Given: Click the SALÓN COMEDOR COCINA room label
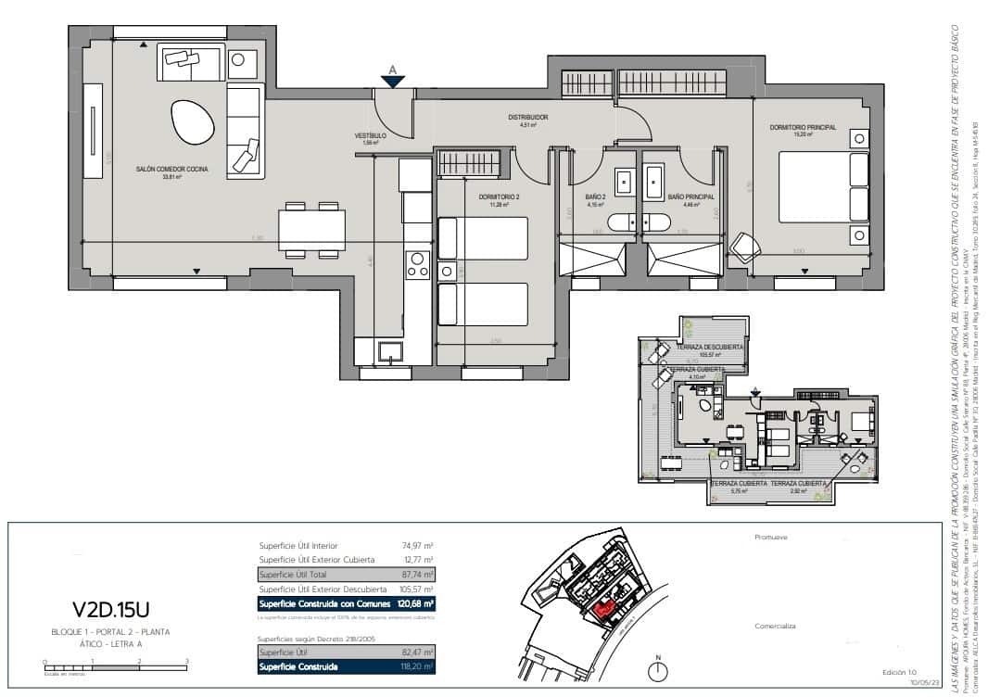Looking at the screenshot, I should click(172, 169).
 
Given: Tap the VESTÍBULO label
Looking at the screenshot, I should click(370, 136).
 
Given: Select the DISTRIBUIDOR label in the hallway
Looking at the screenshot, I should click(528, 118).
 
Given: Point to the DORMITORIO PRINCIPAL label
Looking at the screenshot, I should click(803, 127).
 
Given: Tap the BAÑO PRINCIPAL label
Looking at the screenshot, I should click(690, 196).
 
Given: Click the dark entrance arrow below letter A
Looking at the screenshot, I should click(393, 82).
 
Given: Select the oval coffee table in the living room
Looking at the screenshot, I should click(191, 118).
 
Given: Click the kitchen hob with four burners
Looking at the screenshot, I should click(418, 264).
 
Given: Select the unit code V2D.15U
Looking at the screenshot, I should click(110, 609).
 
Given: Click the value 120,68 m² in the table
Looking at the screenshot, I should click(415, 603).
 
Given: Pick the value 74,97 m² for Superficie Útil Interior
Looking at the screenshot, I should click(417, 546).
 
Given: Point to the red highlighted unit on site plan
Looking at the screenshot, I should click(604, 609).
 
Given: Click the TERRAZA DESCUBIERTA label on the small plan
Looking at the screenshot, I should click(710, 348).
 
